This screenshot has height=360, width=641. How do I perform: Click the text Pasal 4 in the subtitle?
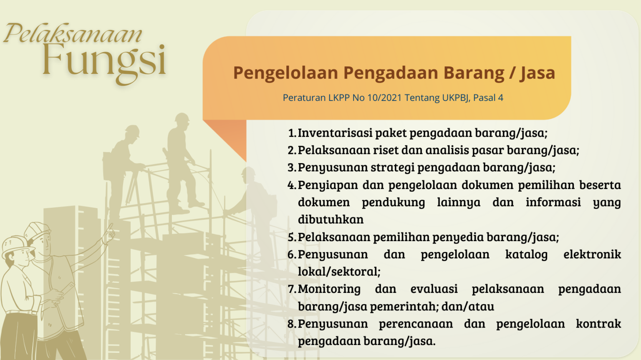pyautogui.click(x=488, y=98)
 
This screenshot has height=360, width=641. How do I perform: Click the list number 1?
pyautogui.click(x=292, y=133)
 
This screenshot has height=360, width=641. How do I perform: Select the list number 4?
pyautogui.click(x=292, y=185)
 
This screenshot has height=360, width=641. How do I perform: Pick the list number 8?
pyautogui.click(x=292, y=324)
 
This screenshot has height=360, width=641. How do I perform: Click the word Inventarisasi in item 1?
pyautogui.click(x=335, y=133)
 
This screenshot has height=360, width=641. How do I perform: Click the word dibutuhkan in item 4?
pyautogui.click(x=331, y=219)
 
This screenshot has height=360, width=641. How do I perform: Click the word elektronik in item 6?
pyautogui.click(x=592, y=254)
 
